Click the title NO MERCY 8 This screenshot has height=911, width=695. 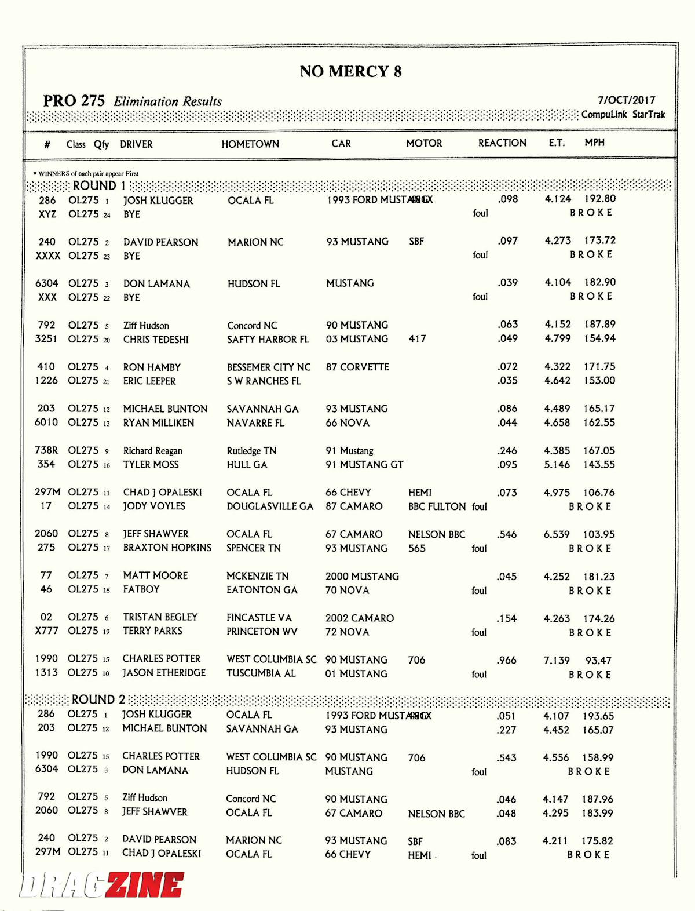pos(350,71)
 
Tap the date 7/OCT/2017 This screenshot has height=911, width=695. pos(626,100)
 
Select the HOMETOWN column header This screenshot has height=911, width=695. pos(250,144)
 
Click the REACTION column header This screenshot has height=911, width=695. pos(502,143)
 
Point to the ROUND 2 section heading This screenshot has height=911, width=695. pos(98,699)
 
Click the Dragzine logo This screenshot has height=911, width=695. pos(102,886)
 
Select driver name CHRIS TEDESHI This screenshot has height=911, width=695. pos(156,340)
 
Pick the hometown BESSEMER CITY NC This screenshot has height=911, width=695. pos(269,367)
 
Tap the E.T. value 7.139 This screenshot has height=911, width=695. pos(557,660)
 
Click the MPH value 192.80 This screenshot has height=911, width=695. pos(599,198)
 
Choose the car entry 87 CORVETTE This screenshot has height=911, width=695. pos(357,367)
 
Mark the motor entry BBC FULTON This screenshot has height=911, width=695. pos(437,506)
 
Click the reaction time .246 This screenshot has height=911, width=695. pos(507,450)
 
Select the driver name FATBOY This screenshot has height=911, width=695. pos(141,589)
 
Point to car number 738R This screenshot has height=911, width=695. pos(46,450)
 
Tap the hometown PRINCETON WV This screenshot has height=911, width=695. pos(262,631)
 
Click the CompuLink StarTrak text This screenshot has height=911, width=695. pos(623,115)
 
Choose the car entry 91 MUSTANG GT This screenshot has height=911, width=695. pos(364,464)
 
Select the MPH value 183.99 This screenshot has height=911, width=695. pos(598,813)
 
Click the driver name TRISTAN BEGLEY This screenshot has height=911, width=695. pos(160,617)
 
